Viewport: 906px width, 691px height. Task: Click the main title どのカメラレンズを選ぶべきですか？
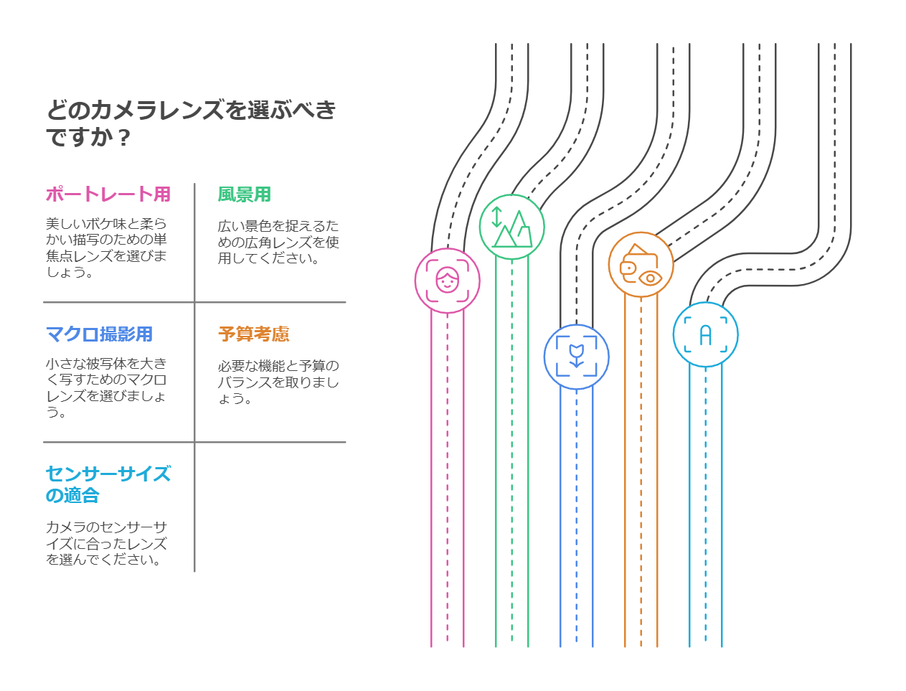click(191, 123)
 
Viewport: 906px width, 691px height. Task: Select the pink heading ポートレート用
click(108, 194)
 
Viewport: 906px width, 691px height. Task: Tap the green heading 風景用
click(244, 194)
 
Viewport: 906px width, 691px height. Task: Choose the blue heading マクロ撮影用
click(99, 334)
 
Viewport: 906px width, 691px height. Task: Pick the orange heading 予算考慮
click(254, 334)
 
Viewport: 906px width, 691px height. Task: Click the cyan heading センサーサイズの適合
click(108, 484)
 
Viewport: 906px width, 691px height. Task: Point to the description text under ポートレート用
click(106, 248)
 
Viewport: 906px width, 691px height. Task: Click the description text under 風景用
click(278, 243)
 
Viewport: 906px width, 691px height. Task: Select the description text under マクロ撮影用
click(106, 387)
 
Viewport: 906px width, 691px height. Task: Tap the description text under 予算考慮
click(278, 382)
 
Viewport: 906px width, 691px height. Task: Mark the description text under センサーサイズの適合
click(106, 543)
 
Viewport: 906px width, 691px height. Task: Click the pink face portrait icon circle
click(447, 281)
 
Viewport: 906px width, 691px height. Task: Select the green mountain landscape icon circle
click(511, 227)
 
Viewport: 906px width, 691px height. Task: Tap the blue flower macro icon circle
click(576, 357)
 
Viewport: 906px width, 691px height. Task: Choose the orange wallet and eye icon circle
click(641, 265)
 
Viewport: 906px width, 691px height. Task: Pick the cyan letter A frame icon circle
click(705, 334)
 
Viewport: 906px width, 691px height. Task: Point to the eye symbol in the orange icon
click(650, 278)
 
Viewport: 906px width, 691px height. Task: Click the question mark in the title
click(124, 137)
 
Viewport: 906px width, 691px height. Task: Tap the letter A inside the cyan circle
click(705, 335)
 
